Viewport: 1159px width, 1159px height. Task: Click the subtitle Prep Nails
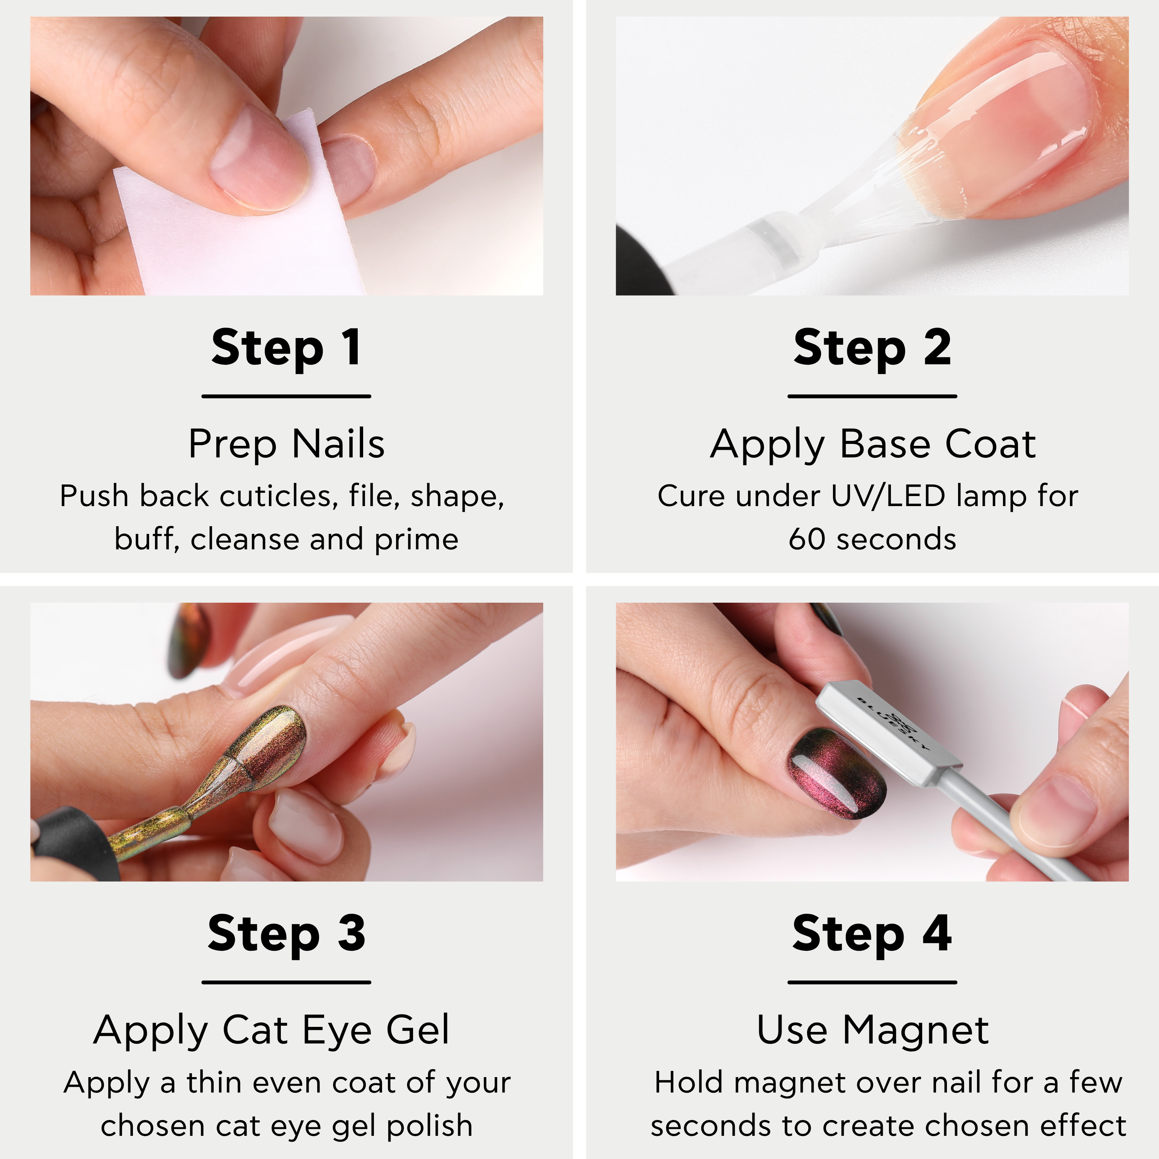tap(286, 445)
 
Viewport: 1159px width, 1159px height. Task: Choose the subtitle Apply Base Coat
tap(873, 445)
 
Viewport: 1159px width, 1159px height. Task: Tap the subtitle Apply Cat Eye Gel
tap(271, 1031)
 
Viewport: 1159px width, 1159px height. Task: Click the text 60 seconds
tap(872, 539)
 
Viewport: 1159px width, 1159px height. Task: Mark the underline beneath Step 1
tap(286, 396)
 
